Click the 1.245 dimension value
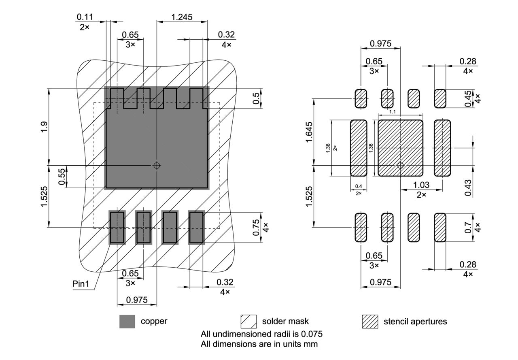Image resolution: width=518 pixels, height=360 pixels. pyautogui.click(x=182, y=17)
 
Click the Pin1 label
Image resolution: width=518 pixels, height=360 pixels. pyautogui.click(x=81, y=283)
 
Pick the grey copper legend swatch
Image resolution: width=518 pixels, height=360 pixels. pyautogui.click(x=127, y=322)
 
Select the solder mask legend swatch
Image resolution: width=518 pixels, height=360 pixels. pyautogui.click(x=248, y=322)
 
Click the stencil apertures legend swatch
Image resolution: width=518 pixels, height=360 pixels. pyautogui.click(x=369, y=322)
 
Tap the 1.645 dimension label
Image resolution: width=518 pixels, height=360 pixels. pyautogui.click(x=309, y=132)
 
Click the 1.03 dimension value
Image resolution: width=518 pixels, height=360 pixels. pyautogui.click(x=421, y=185)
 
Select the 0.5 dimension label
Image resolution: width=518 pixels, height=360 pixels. pyautogui.click(x=257, y=98)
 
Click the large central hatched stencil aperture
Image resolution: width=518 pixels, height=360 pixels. pyautogui.click(x=400, y=148)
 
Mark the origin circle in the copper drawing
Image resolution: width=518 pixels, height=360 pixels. pyautogui.click(x=157, y=165)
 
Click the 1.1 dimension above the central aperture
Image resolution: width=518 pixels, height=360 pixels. pyautogui.click(x=392, y=111)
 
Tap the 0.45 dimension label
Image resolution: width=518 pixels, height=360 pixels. pyautogui.click(x=468, y=99)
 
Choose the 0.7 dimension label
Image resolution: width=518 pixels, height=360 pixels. pyautogui.click(x=468, y=227)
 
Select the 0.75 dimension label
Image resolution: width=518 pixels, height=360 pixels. pyautogui.click(x=257, y=227)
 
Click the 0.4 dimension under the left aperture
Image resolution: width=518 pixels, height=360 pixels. pyautogui.click(x=358, y=186)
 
